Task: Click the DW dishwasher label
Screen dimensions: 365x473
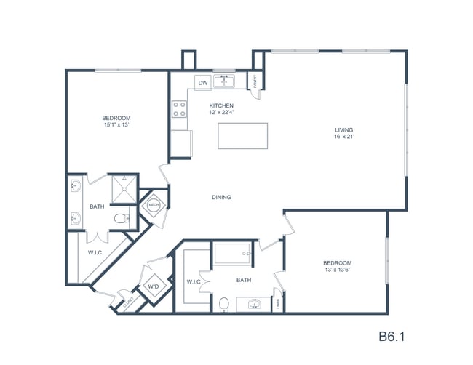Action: pos(203,83)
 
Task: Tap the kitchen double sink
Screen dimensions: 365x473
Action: pos(225,81)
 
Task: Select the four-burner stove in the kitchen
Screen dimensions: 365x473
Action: pos(179,109)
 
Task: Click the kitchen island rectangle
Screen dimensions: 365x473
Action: pos(243,135)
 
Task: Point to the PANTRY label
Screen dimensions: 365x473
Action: pos(256,82)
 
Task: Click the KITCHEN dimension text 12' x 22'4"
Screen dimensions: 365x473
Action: pos(221,111)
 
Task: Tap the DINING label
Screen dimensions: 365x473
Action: pos(221,197)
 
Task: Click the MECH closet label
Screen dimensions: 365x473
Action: pos(154,205)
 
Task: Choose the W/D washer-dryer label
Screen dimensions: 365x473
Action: pos(154,286)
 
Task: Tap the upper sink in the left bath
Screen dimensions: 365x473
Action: pos(76,187)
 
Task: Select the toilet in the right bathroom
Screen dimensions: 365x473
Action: pos(225,303)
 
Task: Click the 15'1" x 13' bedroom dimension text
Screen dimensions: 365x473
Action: pos(116,124)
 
